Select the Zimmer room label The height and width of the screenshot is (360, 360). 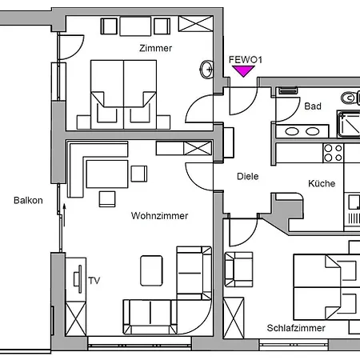pyautogui.click(x=155, y=48)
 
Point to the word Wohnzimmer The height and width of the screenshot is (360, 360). pyautogui.click(x=160, y=216)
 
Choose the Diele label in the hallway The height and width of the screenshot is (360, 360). pyautogui.click(x=248, y=177)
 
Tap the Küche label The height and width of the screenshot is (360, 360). pyautogui.click(x=322, y=183)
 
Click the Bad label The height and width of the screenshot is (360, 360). pyautogui.click(x=313, y=106)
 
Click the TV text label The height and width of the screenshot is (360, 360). pyautogui.click(x=94, y=280)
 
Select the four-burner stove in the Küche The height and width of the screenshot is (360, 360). pyautogui.click(x=334, y=153)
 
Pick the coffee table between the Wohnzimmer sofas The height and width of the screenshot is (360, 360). pyautogui.click(x=152, y=270)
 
